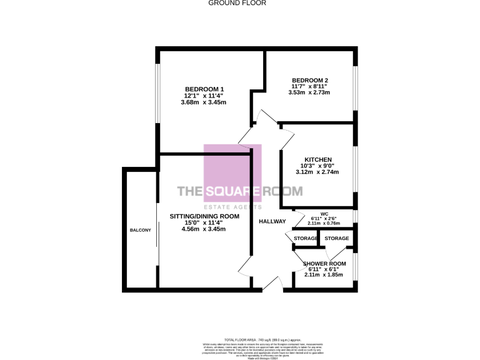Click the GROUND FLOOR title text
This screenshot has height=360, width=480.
(x=237, y=3)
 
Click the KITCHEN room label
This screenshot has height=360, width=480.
(x=317, y=159)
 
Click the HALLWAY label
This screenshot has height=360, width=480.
(x=272, y=221)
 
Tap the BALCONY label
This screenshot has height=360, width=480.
(x=140, y=231)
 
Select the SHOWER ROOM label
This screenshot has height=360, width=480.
(x=323, y=263)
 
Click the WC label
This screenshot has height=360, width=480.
(x=324, y=212)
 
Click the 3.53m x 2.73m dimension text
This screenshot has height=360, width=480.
(x=309, y=92)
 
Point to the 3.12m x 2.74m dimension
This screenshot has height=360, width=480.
(x=317, y=172)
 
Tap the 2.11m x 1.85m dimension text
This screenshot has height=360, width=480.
(x=323, y=274)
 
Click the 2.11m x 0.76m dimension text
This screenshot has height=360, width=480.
(x=324, y=222)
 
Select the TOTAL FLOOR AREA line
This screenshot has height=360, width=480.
(x=239, y=338)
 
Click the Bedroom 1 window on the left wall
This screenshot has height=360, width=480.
(x=157, y=102)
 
